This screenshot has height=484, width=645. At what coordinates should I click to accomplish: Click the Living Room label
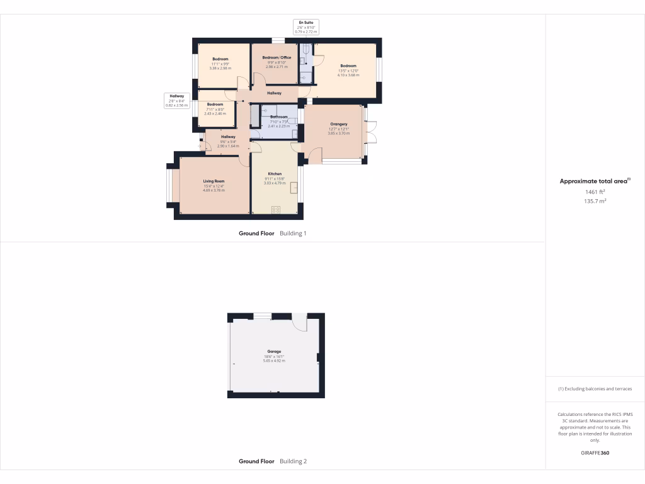coord(214,181)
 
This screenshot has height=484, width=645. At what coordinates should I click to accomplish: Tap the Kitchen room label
coord(275,174)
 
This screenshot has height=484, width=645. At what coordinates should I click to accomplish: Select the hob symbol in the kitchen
coord(276,210)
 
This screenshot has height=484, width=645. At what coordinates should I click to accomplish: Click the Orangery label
coord(338,125)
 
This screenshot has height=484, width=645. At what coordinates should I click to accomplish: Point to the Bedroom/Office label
coord(277,57)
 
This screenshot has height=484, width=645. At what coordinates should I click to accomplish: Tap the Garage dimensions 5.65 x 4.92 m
coord(274,360)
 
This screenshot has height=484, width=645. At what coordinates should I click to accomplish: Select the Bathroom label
coord(279,117)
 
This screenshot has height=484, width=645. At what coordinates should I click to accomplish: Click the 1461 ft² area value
coord(595,192)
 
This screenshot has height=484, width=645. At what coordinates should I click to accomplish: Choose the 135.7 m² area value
coord(595,201)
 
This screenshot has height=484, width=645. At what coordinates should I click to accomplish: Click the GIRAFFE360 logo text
coord(595,453)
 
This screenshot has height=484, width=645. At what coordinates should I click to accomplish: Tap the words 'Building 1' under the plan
coord(293,233)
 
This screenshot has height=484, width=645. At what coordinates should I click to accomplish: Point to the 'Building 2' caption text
coord(293,461)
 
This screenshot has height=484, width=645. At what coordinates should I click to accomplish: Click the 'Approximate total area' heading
coord(595,181)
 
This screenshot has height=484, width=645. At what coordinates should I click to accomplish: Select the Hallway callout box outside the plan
coord(176,100)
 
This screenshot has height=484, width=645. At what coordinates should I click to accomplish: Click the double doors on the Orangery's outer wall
coord(370,131)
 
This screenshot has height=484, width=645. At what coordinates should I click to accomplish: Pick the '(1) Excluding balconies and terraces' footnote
coord(595,389)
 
